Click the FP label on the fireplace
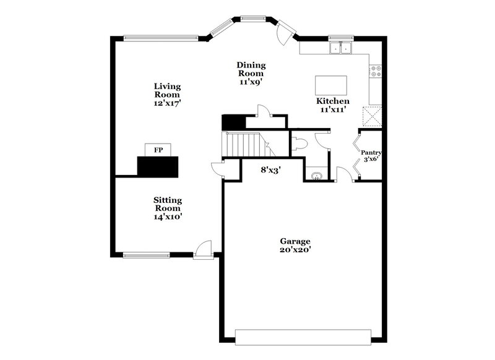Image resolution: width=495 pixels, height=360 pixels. (x=158, y=150)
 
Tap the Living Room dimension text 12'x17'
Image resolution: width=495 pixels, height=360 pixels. (x=167, y=104)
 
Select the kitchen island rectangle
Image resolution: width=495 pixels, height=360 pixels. (x=331, y=84)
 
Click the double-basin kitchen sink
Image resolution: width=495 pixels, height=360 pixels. (x=340, y=48)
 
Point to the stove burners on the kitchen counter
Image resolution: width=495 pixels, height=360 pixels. (x=375, y=71)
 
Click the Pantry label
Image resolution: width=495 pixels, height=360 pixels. (x=371, y=152)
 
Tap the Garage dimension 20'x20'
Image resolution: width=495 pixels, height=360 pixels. (x=295, y=250)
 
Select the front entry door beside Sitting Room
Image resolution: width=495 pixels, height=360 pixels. (x=202, y=250)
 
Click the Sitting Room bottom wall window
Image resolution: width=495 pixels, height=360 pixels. (x=146, y=254)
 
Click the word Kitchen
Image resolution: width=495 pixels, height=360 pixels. (x=332, y=101)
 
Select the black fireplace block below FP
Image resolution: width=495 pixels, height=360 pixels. (x=158, y=166)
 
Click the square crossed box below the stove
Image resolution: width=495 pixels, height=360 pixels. (x=372, y=116)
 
